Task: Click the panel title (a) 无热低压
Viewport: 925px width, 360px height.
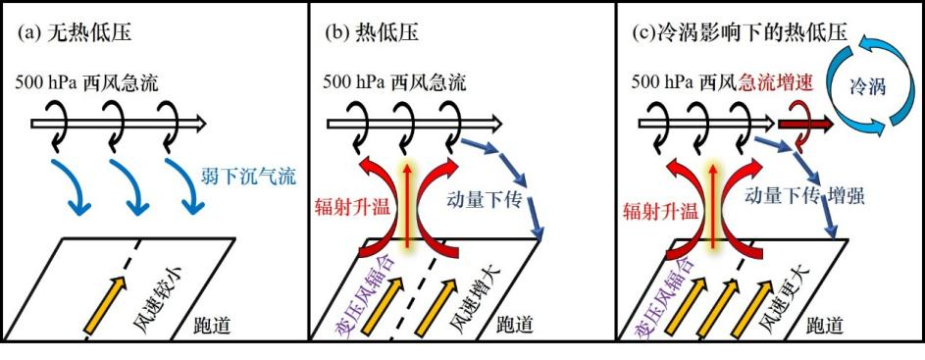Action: [x=75, y=32]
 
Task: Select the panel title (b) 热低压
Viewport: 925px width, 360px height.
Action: [x=372, y=32]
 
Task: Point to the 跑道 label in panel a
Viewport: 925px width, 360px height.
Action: [x=208, y=327]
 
